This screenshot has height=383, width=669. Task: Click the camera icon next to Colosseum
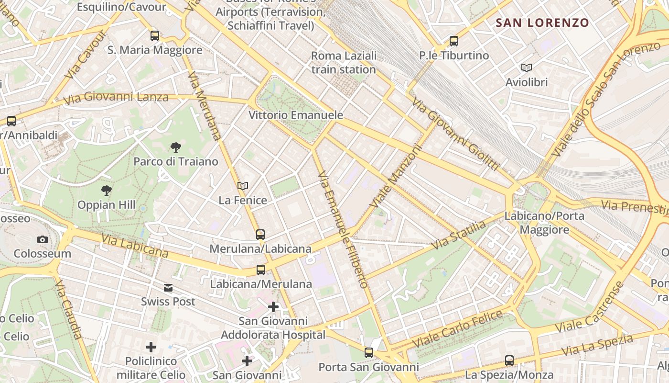tap(42, 239)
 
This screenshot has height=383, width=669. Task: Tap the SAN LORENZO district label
tap(542, 23)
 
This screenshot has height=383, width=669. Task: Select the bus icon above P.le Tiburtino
tap(453, 41)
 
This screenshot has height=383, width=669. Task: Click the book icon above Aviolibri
tap(526, 68)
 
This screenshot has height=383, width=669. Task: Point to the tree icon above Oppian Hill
tap(107, 191)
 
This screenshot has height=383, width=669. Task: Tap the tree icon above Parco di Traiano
tap(175, 147)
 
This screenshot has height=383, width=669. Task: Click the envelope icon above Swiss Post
tap(168, 288)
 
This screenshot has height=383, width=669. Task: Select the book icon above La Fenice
tap(243, 186)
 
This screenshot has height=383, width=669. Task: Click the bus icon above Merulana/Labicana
tap(260, 235)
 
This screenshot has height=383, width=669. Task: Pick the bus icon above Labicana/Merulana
tap(261, 270)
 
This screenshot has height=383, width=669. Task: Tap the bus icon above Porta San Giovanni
tap(368, 353)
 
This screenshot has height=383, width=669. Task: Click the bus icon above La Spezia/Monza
tap(509, 360)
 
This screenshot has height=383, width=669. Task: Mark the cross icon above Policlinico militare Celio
tap(151, 347)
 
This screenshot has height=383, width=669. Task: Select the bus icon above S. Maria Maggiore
tap(154, 35)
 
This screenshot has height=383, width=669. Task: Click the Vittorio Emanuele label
tap(296, 115)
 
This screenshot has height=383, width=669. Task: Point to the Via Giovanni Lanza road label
tap(116, 97)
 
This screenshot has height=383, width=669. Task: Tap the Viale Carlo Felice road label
tap(458, 329)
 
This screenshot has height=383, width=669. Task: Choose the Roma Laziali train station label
tap(344, 63)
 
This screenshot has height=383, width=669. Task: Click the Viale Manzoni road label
tap(396, 177)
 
